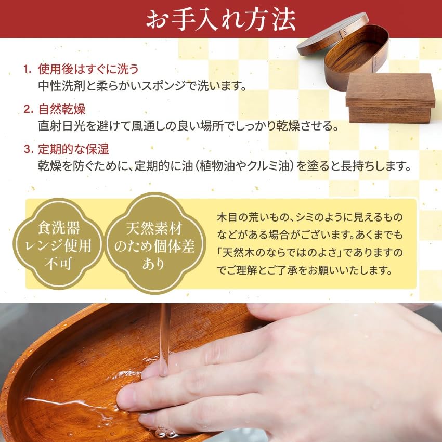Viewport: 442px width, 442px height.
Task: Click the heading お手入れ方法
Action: [221, 19]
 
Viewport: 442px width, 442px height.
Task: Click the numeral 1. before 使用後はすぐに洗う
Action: [29, 69]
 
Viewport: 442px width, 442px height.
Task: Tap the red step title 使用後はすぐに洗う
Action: [88, 69]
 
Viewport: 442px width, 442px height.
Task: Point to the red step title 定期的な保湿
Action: [73, 150]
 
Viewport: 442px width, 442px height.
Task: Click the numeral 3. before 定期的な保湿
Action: [29, 150]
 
